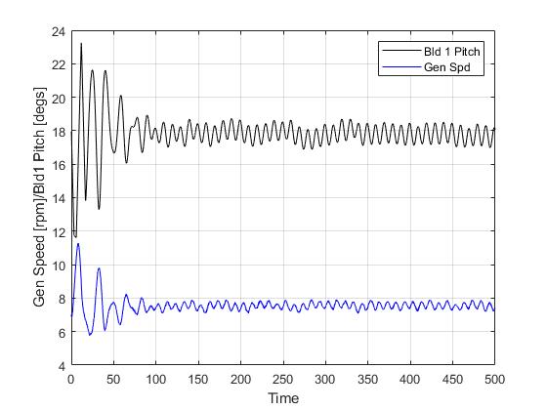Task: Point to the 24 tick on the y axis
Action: click(x=60, y=31)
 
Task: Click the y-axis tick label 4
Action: click(x=63, y=366)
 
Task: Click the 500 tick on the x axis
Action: click(x=494, y=379)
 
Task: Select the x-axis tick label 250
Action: click(x=282, y=379)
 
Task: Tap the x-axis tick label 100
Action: click(x=155, y=379)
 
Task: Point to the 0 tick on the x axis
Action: click(x=71, y=379)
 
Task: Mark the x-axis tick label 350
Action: click(x=367, y=379)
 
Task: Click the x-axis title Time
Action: click(x=282, y=397)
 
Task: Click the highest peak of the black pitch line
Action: click(x=81, y=44)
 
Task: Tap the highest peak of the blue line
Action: click(x=78, y=243)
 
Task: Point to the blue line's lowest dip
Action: click(x=90, y=335)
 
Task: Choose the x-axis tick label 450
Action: click(x=452, y=379)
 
